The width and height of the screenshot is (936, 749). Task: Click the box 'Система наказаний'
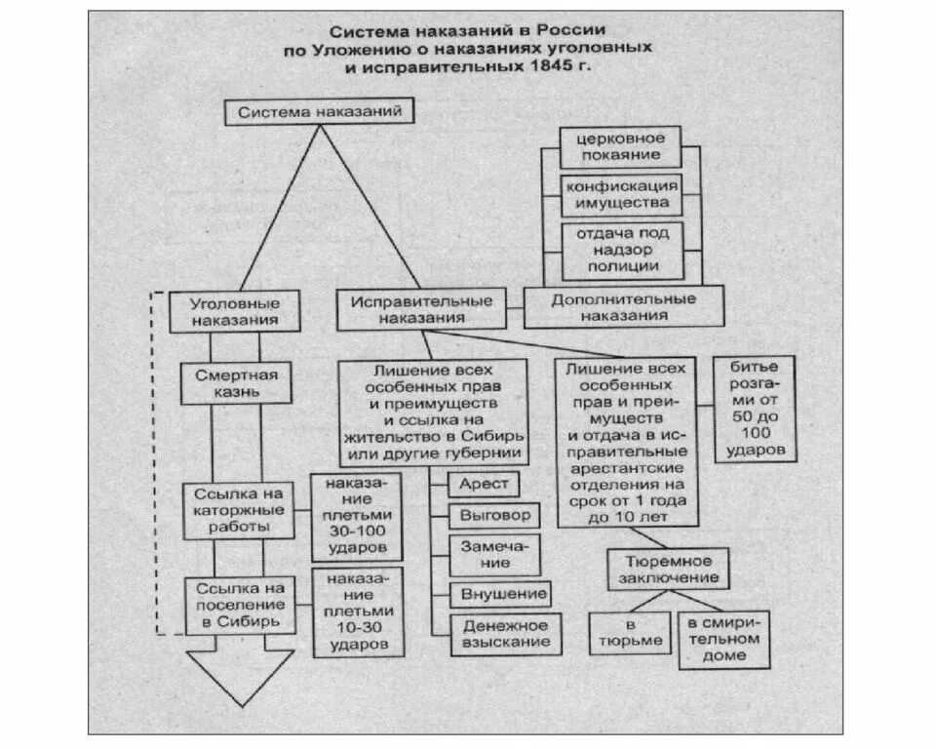(x=313, y=112)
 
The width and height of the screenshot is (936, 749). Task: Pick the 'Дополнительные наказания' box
(x=624, y=307)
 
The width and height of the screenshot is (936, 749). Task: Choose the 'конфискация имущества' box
(x=620, y=194)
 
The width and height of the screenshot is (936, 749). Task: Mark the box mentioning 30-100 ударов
(x=357, y=516)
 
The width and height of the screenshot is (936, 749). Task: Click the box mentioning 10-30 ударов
(x=357, y=611)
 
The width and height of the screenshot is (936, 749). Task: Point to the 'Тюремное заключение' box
(x=669, y=571)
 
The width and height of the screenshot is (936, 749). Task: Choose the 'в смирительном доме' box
(x=723, y=639)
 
